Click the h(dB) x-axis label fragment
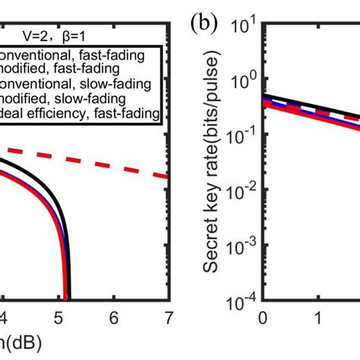click(x=16, y=343)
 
